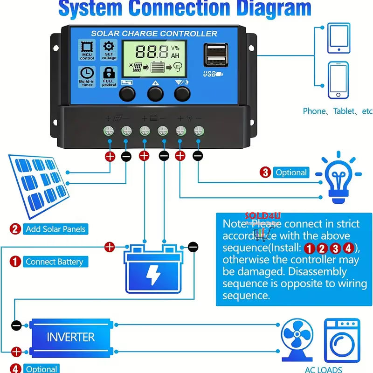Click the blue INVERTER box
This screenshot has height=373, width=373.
[x=70, y=337]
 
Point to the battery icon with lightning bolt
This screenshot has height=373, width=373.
[x=152, y=269]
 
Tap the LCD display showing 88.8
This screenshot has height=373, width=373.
[x=154, y=58]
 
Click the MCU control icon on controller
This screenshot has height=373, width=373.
[x=87, y=51]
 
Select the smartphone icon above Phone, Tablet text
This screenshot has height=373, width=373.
[x=338, y=80]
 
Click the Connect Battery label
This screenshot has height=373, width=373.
[x=54, y=262]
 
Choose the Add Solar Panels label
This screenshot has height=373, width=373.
[x=55, y=229]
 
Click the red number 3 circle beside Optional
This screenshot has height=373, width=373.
[x=265, y=173]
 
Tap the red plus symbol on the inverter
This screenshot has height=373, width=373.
[x=16, y=351]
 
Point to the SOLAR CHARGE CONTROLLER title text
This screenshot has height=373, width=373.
[x=154, y=34]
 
